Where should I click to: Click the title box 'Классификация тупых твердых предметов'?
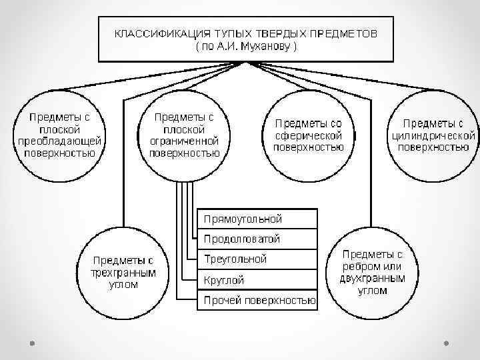click(x=247, y=38)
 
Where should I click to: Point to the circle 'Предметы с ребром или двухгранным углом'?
click(x=373, y=273)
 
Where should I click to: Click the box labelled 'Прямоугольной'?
click(x=257, y=219)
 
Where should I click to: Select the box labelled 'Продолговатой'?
click(x=257, y=239)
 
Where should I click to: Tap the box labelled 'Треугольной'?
click(x=257, y=259)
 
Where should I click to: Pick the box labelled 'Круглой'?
click(x=257, y=280)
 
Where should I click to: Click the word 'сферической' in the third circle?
click(x=309, y=135)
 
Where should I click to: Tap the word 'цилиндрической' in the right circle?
click(x=433, y=135)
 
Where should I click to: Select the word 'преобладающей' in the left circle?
click(x=59, y=140)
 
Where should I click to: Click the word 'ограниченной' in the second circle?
click(x=184, y=140)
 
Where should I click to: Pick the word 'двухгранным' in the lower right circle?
click(x=373, y=279)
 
